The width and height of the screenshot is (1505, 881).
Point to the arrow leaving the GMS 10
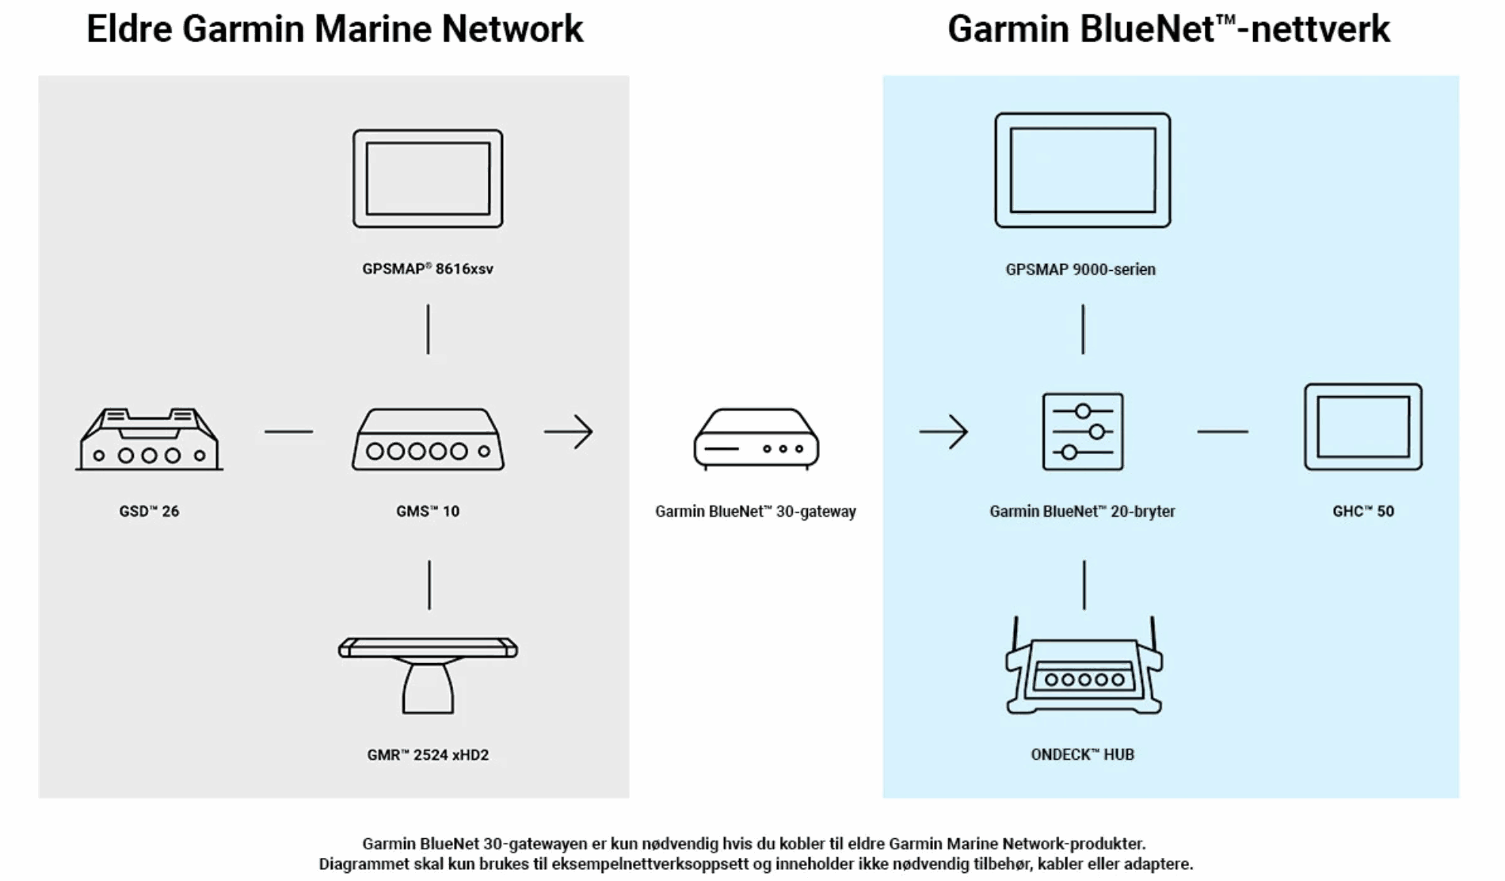pos(569,432)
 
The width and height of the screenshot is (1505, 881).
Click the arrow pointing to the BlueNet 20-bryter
pos(944,432)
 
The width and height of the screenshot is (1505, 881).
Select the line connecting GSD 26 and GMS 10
pos(289,432)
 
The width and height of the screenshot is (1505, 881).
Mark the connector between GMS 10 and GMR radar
pos(429,585)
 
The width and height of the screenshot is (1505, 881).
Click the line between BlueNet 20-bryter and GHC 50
pos(1223,432)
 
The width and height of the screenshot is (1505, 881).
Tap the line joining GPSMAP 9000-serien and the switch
pos(1083,330)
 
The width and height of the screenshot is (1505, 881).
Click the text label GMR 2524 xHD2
pos(428,755)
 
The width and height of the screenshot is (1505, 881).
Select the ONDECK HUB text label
pos(1083,754)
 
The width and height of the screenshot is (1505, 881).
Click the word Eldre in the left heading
pos(129,29)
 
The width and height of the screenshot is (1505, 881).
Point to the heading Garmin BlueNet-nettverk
pos(1168,29)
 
